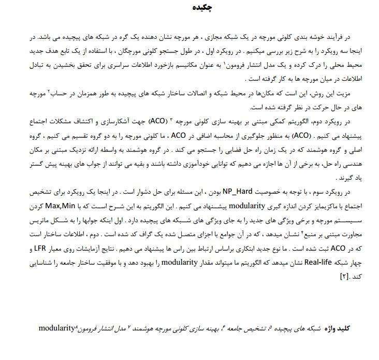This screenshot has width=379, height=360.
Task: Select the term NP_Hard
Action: [x=241, y=191]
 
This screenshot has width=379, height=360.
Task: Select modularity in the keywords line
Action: [x=57, y=327]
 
